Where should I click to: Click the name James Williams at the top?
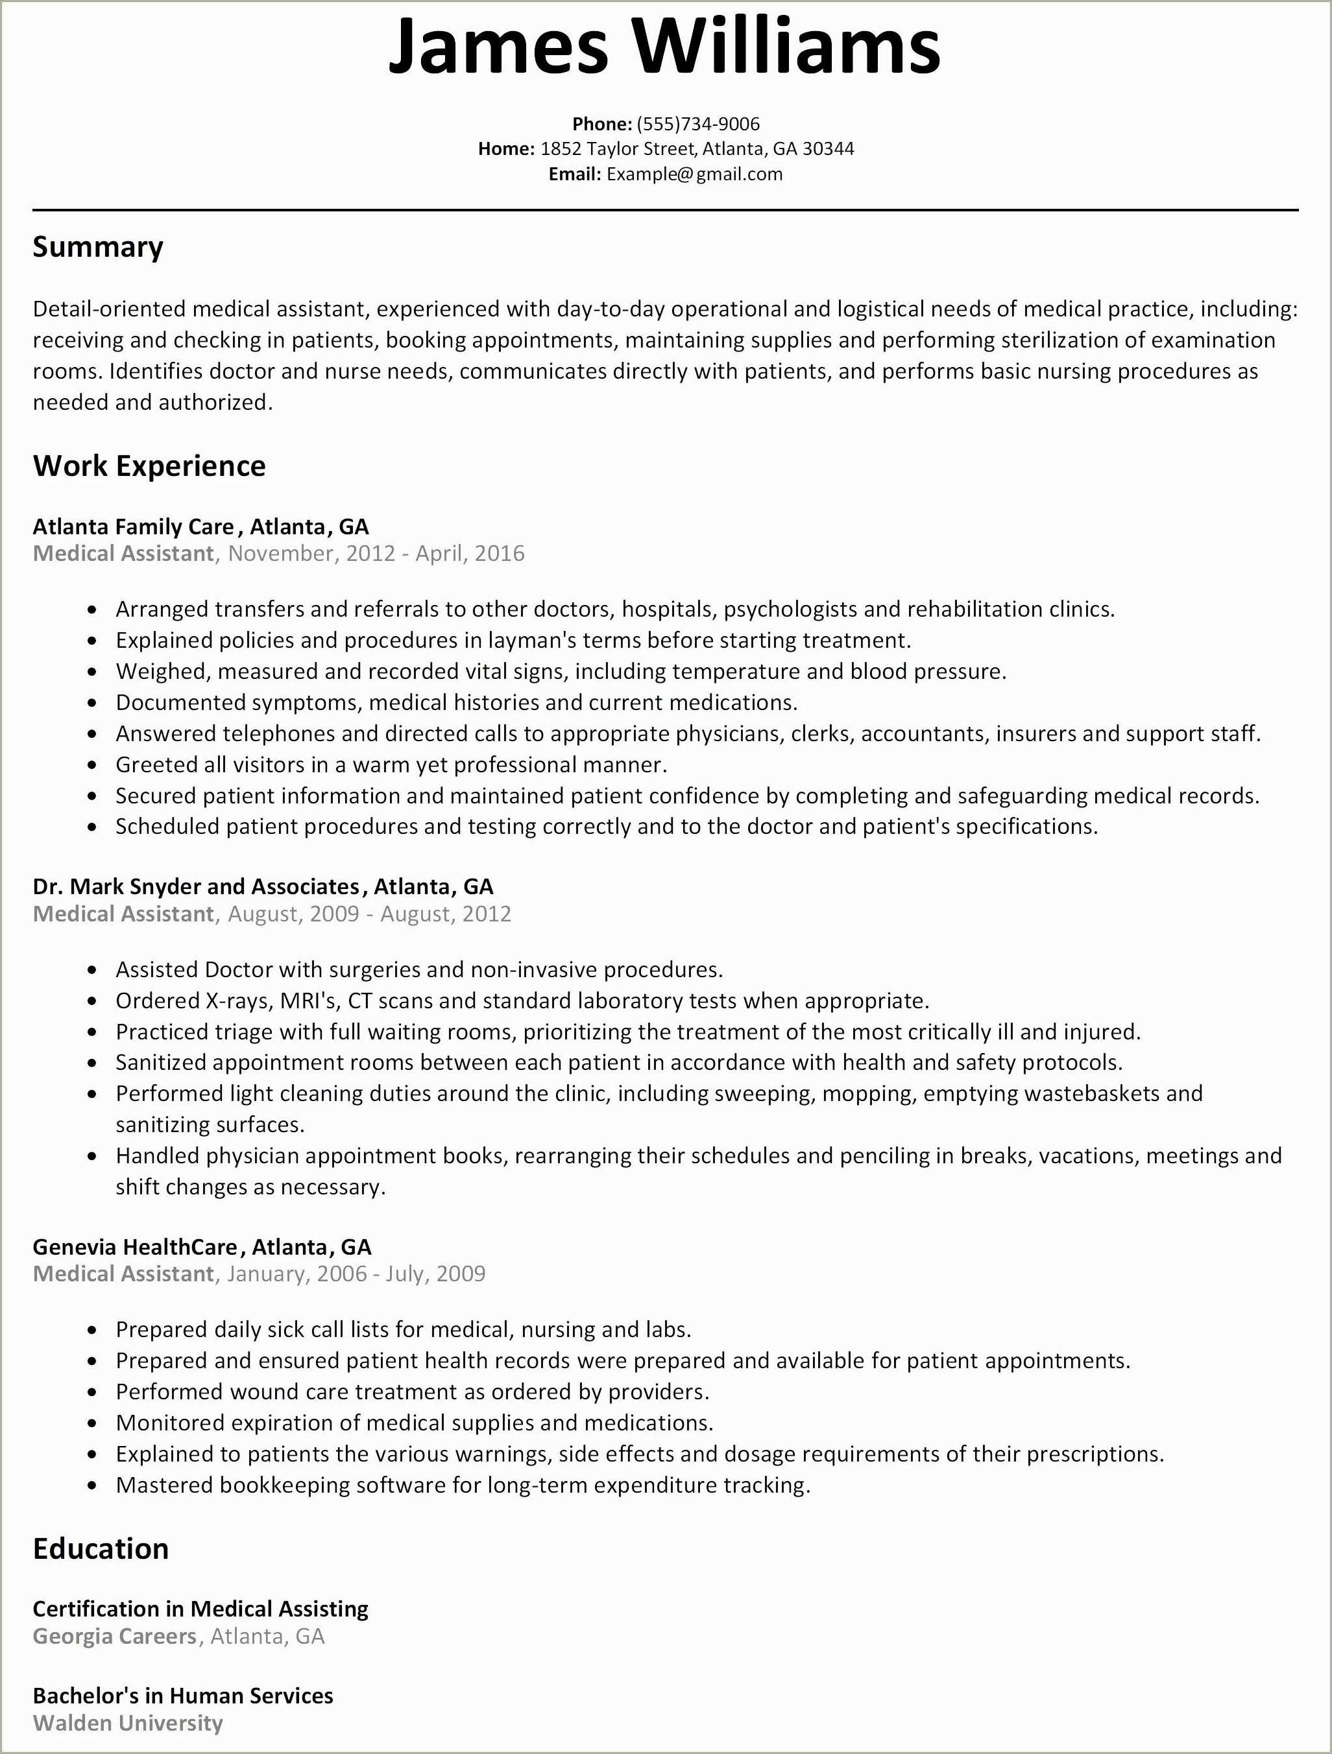pos(665,46)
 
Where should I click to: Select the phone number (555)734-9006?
pos(698,124)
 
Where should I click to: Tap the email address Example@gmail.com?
pos(694,174)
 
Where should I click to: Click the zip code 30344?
pos(829,149)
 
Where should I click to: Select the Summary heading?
pos(97,248)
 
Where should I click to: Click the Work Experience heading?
pos(149,466)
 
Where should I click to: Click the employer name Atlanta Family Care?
pos(133,527)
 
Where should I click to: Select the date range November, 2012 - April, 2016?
pos(376,554)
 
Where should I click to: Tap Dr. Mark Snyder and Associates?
pos(196,886)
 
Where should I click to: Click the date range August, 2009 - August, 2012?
pos(370,914)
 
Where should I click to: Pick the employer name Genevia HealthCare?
pos(135,1246)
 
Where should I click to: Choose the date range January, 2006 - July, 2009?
pos(356,1274)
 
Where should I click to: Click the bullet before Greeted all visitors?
pos(93,766)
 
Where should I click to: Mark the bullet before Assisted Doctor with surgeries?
pos(93,971)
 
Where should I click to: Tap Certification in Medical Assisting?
pos(200,1608)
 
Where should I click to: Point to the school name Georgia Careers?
pos(114,1636)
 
